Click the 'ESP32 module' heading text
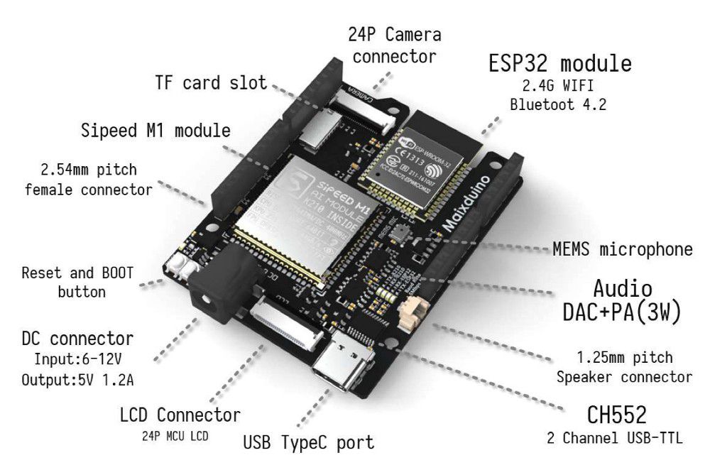pos(559,63)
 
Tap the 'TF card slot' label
pos(211,83)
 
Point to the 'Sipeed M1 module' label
pos(155,131)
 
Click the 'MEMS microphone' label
pos(622,249)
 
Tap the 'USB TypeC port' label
pos(308,443)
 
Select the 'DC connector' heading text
pos(78,338)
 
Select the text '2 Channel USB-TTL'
pos(615,438)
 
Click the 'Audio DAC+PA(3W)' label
pos(622,300)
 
